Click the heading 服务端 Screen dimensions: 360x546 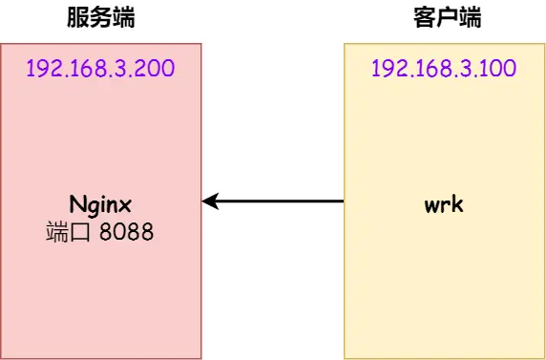coord(100,17)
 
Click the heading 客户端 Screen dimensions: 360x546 coord(443,17)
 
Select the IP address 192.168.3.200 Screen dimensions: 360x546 coord(100,69)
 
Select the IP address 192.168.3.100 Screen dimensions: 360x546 coord(443,69)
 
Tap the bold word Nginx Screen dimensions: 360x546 coord(100,206)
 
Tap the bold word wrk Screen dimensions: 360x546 coord(443,204)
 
